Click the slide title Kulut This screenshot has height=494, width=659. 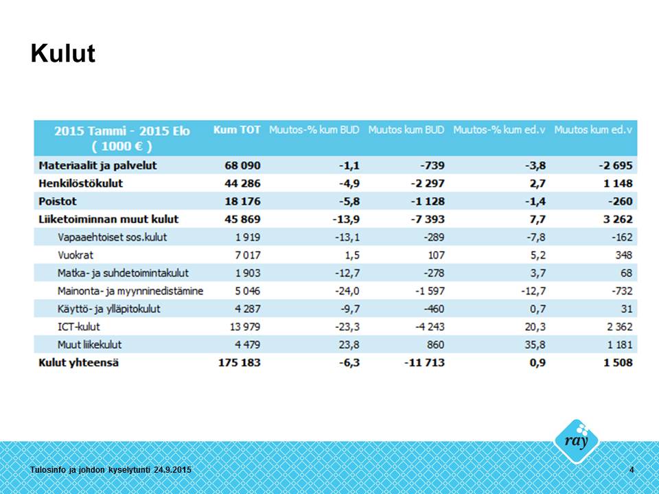tap(62, 54)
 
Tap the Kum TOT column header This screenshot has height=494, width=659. tap(237, 130)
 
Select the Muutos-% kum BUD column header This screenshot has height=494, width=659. tap(314, 130)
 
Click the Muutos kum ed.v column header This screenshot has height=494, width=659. tap(593, 130)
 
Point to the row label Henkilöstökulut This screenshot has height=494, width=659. tap(81, 183)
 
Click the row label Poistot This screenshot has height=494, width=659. tap(58, 201)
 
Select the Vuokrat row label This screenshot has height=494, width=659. tap(76, 255)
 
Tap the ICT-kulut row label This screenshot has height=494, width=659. tap(80, 327)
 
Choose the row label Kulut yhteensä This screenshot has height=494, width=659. tap(78, 362)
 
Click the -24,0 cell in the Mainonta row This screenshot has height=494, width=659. tap(347, 291)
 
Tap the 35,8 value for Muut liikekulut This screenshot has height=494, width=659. tap(533, 344)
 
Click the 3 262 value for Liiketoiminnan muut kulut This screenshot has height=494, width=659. tap(617, 219)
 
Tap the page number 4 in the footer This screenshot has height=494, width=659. tap(632, 469)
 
